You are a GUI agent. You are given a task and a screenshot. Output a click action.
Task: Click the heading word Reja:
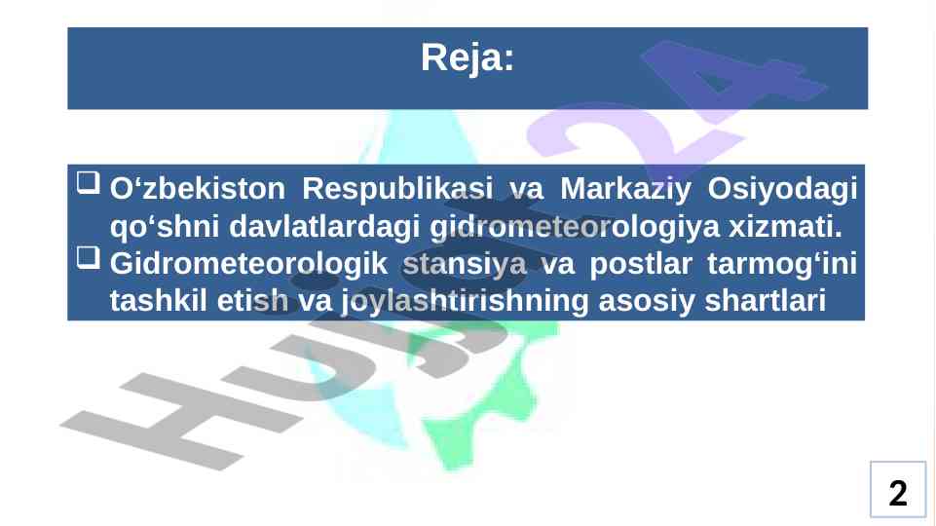tap(468, 57)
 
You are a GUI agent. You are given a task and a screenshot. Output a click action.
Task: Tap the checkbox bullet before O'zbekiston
tap(89, 183)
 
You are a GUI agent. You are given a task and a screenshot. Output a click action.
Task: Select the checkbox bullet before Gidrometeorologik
tap(89, 258)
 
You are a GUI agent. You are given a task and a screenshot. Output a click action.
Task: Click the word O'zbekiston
tap(198, 189)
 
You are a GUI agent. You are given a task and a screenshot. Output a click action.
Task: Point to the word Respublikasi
tap(397, 189)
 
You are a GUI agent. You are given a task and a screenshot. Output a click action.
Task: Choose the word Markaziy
tap(625, 189)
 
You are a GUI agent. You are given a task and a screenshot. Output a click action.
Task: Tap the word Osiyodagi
tap(782, 189)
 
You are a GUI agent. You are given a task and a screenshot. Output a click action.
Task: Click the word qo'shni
tap(165, 226)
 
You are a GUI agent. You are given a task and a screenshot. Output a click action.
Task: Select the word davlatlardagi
tap(324, 226)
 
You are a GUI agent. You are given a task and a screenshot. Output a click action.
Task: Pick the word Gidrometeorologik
tap(249, 263)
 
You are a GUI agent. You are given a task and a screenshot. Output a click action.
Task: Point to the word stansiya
tap(465, 263)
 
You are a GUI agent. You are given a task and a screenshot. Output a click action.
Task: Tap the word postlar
tap(641, 263)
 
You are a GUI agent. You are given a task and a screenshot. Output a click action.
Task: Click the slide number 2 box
tap(898, 489)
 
